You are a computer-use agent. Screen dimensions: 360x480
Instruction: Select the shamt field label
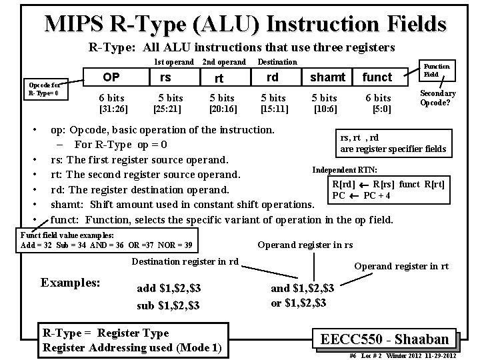327,78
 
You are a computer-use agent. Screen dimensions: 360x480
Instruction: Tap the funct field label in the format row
377,78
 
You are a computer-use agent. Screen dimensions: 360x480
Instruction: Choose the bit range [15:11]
274,108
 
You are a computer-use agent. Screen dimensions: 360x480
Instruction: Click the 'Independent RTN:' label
344,170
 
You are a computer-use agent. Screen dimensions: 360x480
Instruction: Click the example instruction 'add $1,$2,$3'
169,289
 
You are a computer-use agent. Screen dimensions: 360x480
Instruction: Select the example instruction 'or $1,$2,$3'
298,303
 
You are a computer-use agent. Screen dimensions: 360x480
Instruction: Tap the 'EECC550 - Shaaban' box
389,338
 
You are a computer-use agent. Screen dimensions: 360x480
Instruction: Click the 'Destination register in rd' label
185,261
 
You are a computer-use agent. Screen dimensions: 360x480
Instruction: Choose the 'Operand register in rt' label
401,267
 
